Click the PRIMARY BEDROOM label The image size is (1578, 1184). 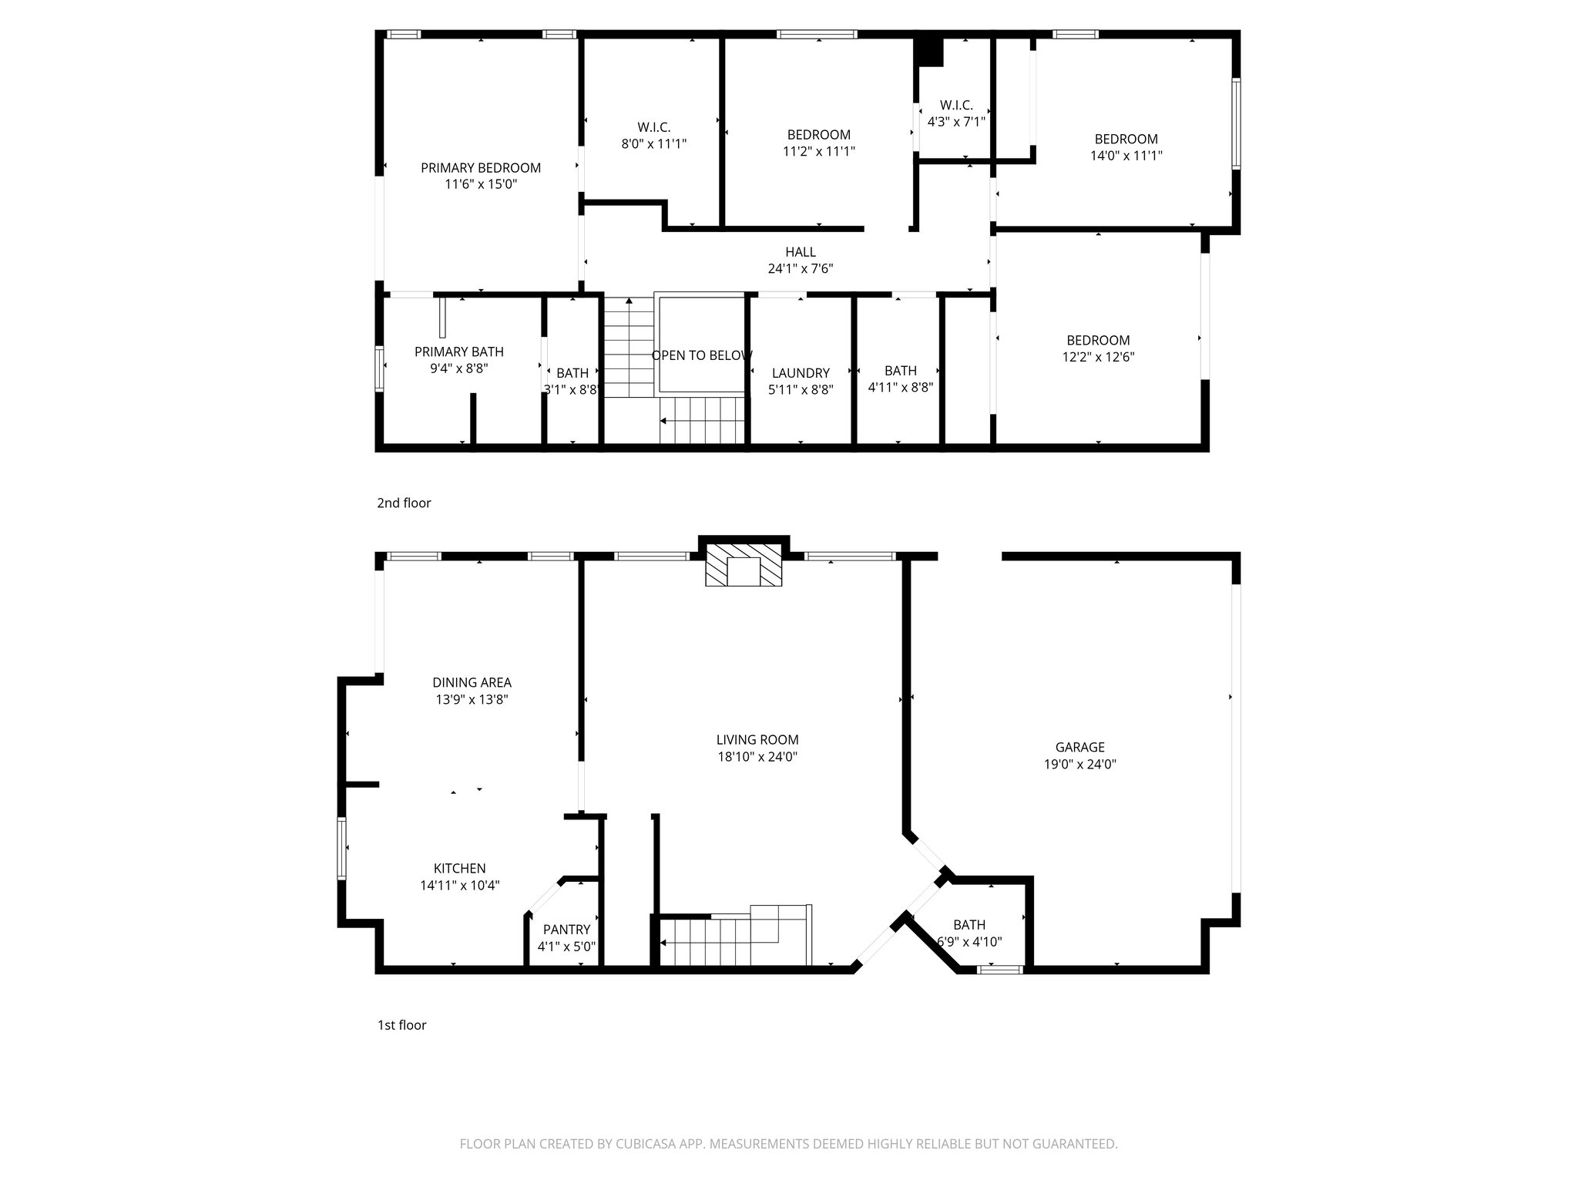(481, 167)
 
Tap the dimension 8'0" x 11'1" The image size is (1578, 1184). (653, 143)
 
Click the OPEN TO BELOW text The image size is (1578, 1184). (701, 355)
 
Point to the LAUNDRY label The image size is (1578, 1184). (801, 373)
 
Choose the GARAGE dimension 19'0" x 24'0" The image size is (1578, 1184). (1079, 764)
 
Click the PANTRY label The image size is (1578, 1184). (566, 930)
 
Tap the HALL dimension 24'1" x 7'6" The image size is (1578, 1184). (801, 269)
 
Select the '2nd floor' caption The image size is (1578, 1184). (404, 503)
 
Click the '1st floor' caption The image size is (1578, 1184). (401, 1025)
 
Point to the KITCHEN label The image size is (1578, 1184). (459, 869)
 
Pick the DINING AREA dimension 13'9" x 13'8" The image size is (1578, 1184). (472, 700)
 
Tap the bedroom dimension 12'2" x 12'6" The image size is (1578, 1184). (1098, 357)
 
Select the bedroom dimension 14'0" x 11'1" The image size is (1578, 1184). (1126, 155)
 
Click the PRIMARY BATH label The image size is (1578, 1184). (459, 351)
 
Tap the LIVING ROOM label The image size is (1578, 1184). (757, 740)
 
